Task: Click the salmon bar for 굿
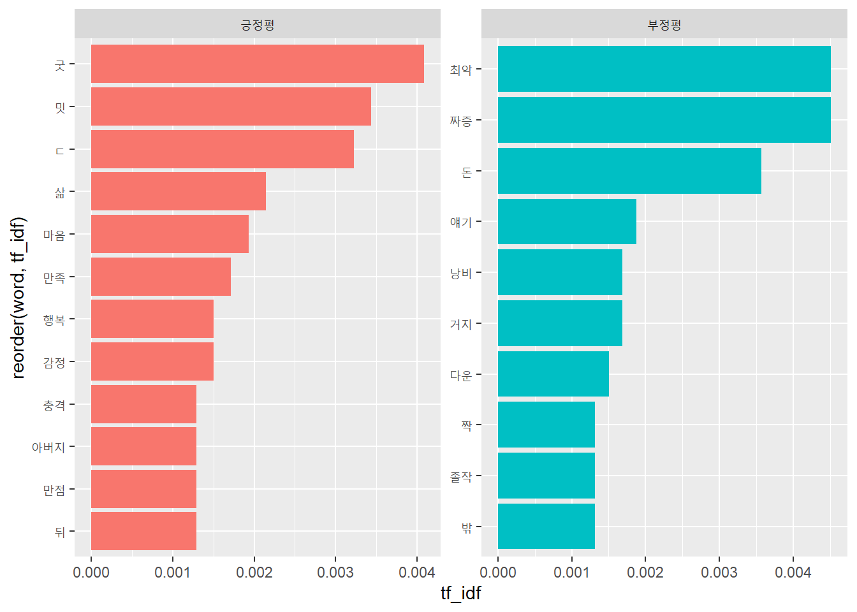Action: pyautogui.click(x=257, y=64)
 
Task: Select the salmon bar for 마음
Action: pyautogui.click(x=170, y=234)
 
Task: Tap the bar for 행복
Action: pyautogui.click(x=152, y=319)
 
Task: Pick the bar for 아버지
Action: pyautogui.click(x=143, y=446)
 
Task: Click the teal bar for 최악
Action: pyautogui.click(x=664, y=69)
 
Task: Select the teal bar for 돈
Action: pyautogui.click(x=629, y=171)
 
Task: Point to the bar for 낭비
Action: pyautogui.click(x=560, y=272)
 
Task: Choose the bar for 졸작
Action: pyautogui.click(x=546, y=476)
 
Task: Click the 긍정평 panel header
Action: pyautogui.click(x=257, y=25)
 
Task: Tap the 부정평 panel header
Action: pyautogui.click(x=664, y=25)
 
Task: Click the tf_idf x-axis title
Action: pyautogui.click(x=460, y=594)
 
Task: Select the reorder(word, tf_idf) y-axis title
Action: pyautogui.click(x=18, y=298)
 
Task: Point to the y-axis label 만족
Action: pyautogui.click(x=54, y=277)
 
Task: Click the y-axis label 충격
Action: pyautogui.click(x=54, y=405)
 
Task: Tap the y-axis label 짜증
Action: pyautogui.click(x=460, y=120)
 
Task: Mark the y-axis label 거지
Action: pyautogui.click(x=460, y=324)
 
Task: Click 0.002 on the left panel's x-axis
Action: pyautogui.click(x=254, y=572)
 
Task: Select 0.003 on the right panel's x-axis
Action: pyautogui.click(x=719, y=572)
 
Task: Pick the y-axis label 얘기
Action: pyautogui.click(x=460, y=222)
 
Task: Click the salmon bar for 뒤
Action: pyautogui.click(x=143, y=531)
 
